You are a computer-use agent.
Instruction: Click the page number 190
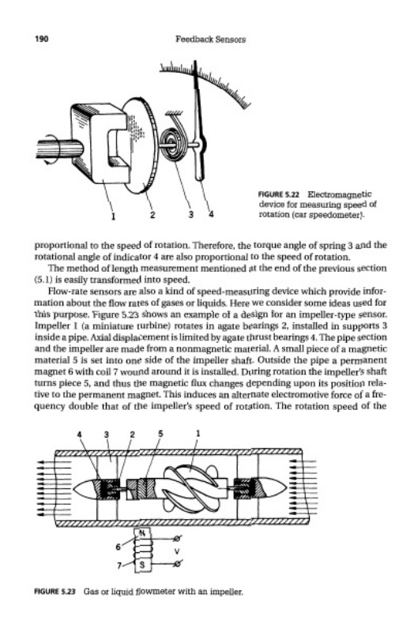click(42, 39)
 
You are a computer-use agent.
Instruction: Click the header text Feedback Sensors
click(210, 39)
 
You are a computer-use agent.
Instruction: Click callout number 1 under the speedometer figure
click(114, 216)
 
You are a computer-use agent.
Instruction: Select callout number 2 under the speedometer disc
click(153, 215)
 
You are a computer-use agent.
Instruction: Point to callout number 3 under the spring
click(191, 215)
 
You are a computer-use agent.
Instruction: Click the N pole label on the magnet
click(142, 532)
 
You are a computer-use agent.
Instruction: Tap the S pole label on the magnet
click(142, 566)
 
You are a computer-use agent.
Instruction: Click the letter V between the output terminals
click(176, 551)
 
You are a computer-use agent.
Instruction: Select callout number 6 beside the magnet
click(118, 547)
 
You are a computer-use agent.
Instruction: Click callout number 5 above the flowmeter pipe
click(160, 434)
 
